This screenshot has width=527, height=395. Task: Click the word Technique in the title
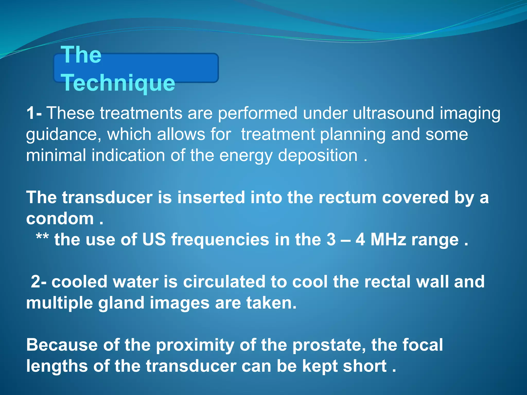pyautogui.click(x=118, y=83)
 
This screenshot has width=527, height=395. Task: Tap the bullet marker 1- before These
pyautogui.click(x=34, y=113)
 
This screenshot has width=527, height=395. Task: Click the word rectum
pyautogui.click(x=347, y=197)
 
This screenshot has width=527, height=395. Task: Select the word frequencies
pyautogui.click(x=220, y=240)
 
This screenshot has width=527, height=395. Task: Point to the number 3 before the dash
pyautogui.click(x=331, y=240)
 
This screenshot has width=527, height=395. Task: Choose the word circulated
pyautogui.click(x=224, y=282)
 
